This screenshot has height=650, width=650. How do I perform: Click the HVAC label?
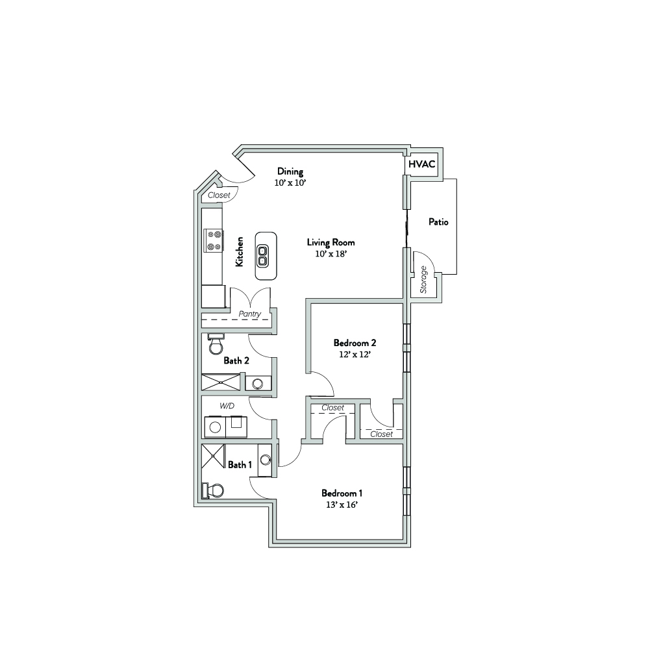pyautogui.click(x=421, y=164)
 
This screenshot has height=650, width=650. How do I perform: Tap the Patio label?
pyautogui.click(x=438, y=222)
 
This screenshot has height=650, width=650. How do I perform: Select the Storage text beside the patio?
pyautogui.click(x=423, y=280)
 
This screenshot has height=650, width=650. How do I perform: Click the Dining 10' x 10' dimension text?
pyautogui.click(x=290, y=182)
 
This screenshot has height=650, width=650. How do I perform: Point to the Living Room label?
pyautogui.click(x=331, y=242)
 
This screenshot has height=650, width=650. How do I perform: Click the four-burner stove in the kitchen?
pyautogui.click(x=214, y=241)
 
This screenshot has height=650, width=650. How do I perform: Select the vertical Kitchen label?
pyautogui.click(x=239, y=252)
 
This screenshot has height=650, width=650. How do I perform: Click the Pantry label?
pyautogui.click(x=249, y=314)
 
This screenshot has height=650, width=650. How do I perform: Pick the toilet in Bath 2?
pyautogui.click(x=216, y=344)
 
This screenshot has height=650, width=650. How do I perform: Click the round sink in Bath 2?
pyautogui.click(x=257, y=384)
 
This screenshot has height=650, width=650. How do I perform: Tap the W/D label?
pyautogui.click(x=227, y=406)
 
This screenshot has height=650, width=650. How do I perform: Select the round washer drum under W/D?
pyautogui.click(x=215, y=427)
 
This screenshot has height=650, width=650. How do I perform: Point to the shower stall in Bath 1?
pyautogui.click(x=213, y=456)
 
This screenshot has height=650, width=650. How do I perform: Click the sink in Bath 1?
pyautogui.click(x=266, y=460)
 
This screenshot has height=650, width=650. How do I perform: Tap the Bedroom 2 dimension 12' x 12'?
pyautogui.click(x=355, y=355)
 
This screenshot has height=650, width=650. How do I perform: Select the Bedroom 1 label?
pyautogui.click(x=342, y=494)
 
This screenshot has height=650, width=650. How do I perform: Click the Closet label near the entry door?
pyautogui.click(x=219, y=195)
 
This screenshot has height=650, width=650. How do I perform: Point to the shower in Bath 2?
pyautogui.click(x=221, y=382)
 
